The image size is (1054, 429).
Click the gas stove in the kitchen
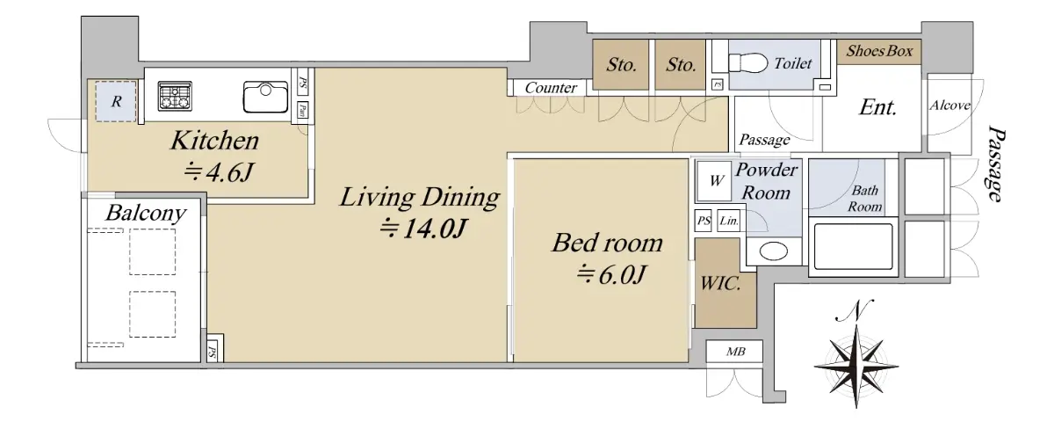tap(175, 96)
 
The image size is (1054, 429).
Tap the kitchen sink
tap(265, 97)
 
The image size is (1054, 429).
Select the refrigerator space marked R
tap(116, 101)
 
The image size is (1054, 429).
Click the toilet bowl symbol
tap(748, 63)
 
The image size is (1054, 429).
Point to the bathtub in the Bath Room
tap(853, 247)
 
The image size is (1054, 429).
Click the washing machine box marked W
tap(714, 181)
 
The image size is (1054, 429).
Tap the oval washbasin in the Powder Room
tap(774, 251)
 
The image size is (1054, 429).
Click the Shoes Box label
tap(879, 51)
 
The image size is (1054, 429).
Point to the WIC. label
tap(720, 283)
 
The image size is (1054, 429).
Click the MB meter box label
tap(735, 352)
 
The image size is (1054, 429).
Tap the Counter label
tap(551, 88)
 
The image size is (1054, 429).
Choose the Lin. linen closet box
tap(729, 221)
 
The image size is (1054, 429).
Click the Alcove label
tap(949, 105)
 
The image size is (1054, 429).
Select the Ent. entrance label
tap(878, 107)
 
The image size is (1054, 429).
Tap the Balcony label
tap(146, 214)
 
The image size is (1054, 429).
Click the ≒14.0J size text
tap(423, 229)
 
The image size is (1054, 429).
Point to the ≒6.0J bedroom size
tap(610, 274)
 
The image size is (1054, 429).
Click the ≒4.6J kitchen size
tap(219, 172)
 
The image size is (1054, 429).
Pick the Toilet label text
tap(793, 63)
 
